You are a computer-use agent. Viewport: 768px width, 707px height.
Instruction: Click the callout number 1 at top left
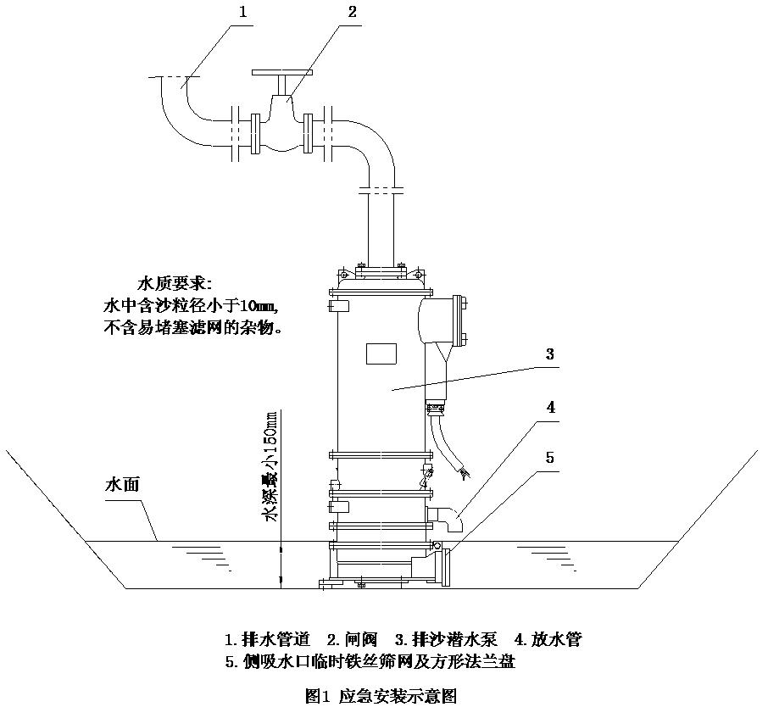click(x=243, y=12)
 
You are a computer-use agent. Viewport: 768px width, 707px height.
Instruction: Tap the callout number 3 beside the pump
click(x=550, y=354)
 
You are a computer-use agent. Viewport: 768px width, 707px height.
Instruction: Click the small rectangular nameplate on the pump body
click(x=381, y=353)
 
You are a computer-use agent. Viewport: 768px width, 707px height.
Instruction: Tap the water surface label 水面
click(x=121, y=486)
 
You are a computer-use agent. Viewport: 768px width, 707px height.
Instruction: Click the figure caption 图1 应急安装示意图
click(x=381, y=696)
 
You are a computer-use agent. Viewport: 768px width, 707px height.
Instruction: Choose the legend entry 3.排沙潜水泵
click(x=448, y=639)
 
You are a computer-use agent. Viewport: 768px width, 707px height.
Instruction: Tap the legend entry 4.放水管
click(x=548, y=639)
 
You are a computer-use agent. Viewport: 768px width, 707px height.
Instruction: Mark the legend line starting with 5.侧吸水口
click(x=370, y=662)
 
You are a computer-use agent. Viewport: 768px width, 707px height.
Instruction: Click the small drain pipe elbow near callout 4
click(x=449, y=516)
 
